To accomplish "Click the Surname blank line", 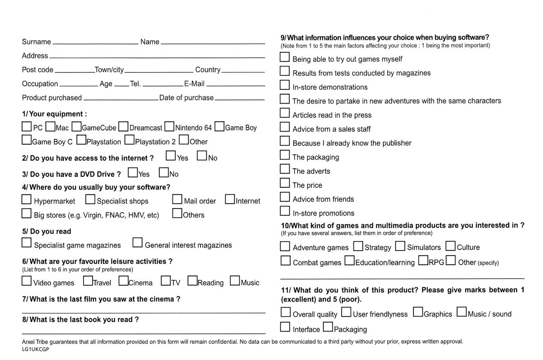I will pyautogui.click(x=95, y=43).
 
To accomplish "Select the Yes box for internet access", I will pyautogui.click(x=171, y=156).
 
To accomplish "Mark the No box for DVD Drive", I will pyautogui.click(x=164, y=173).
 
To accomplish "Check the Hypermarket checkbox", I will pyautogui.click(x=27, y=199).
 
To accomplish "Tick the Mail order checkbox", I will pyautogui.click(x=177, y=199).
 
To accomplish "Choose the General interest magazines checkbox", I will pyautogui.click(x=138, y=243).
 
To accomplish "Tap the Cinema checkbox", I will pyautogui.click(x=124, y=281).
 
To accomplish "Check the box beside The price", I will pyautogui.click(x=285, y=183).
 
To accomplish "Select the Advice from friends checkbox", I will pyautogui.click(x=285, y=197).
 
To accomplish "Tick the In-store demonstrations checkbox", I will pyautogui.click(x=285, y=85).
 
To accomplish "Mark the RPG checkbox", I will pyautogui.click(x=423, y=261).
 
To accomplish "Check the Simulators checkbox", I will pyautogui.click(x=400, y=246).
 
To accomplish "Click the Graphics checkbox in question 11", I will pyautogui.click(x=418, y=312).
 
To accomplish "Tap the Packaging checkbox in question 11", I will pyautogui.click(x=328, y=327).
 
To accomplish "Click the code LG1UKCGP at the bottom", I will pyautogui.click(x=35, y=350).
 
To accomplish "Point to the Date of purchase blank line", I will pyautogui.click(x=239, y=99).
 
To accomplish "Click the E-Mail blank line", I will pyautogui.click(x=235, y=85).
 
